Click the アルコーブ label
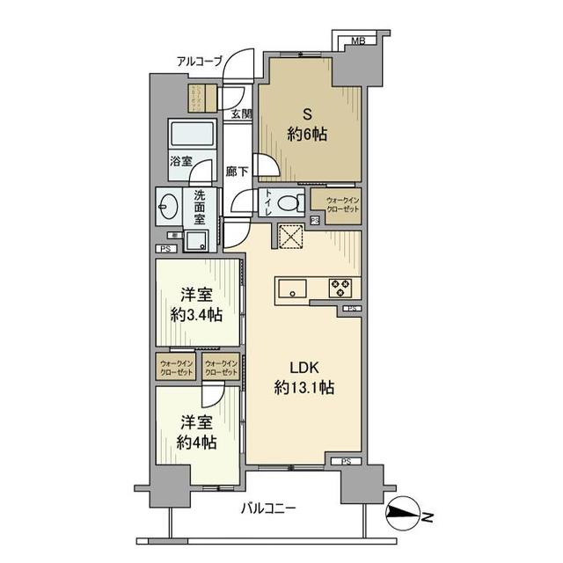point(200,61)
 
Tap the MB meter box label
point(358,41)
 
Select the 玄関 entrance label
point(241,113)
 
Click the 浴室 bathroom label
point(179,162)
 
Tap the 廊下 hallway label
point(237,172)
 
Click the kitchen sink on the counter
point(291,288)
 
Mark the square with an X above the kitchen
point(290,238)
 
